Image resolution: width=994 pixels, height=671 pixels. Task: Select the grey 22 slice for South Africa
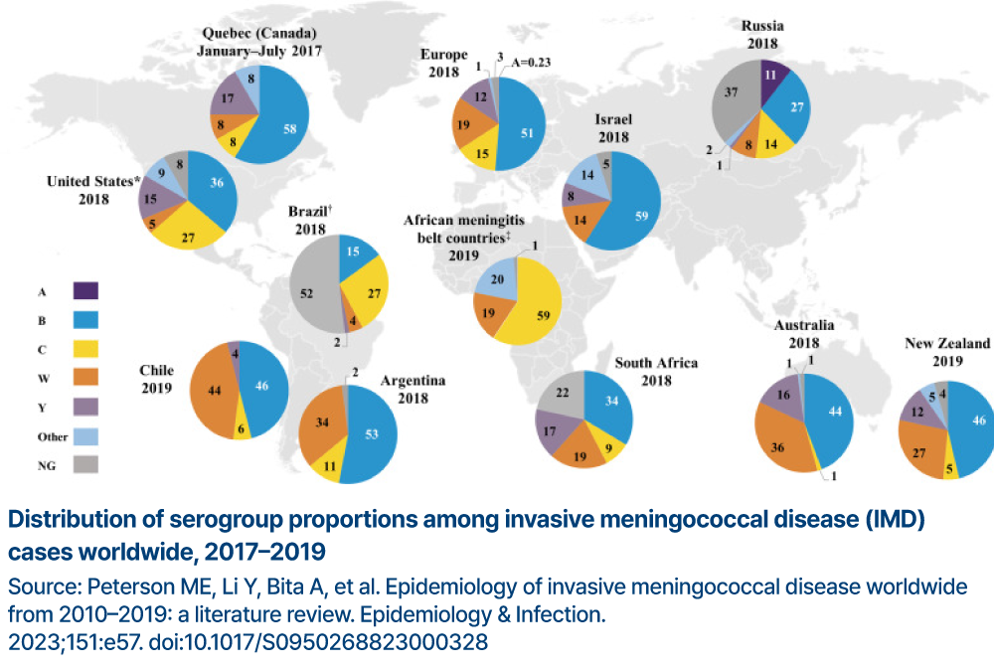[x=563, y=395]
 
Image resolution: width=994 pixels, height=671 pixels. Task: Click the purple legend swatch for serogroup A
[x=85, y=291]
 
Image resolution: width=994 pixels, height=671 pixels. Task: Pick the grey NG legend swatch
[x=85, y=462]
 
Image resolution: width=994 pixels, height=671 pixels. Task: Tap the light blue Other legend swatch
[x=85, y=434]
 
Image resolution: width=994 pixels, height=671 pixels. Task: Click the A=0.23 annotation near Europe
[x=533, y=63]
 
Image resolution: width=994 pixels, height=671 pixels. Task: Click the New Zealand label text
[x=947, y=343]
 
